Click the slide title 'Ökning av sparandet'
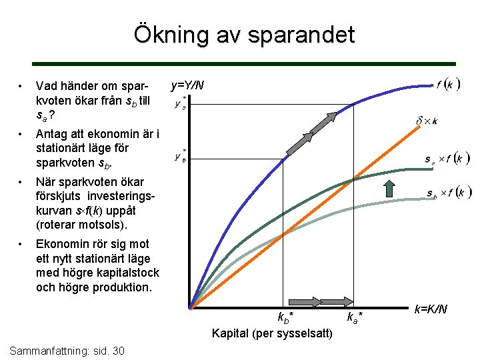[244, 34]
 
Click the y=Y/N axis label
[188, 85]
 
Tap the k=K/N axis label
[431, 309]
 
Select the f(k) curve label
[448, 85]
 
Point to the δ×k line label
[427, 121]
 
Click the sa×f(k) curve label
[447, 159]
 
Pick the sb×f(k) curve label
[448, 193]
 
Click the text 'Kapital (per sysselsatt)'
[272, 333]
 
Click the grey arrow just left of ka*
[339, 302]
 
